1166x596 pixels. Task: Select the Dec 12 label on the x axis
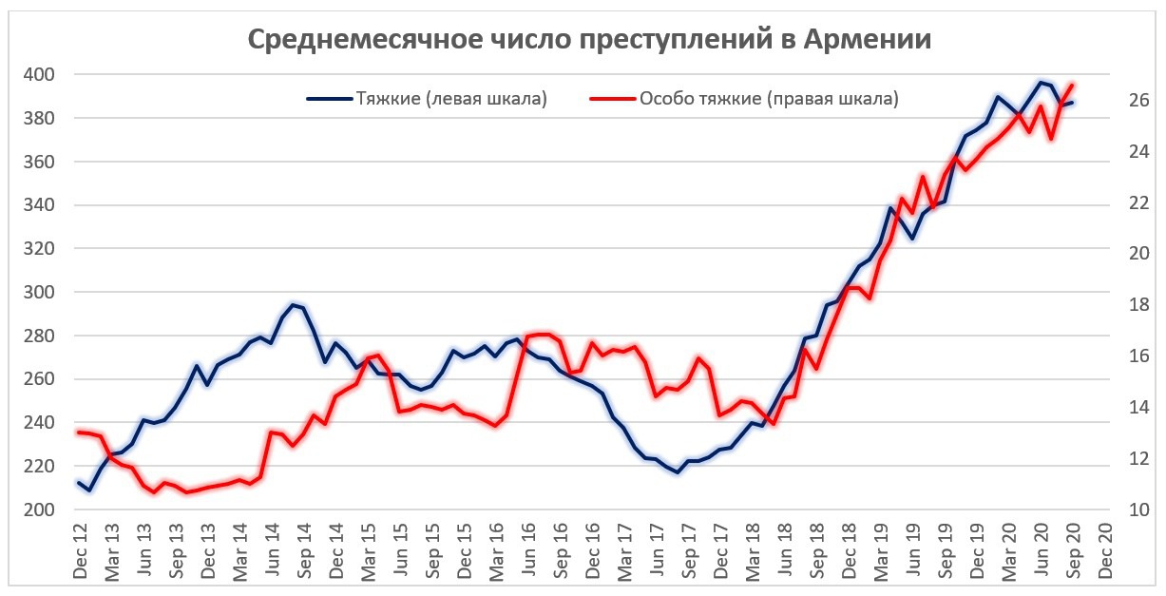tap(80, 551)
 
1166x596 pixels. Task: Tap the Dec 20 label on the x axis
tap(1105, 551)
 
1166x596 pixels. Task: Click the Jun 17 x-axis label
tap(657, 551)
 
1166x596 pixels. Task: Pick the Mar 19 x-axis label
tap(881, 551)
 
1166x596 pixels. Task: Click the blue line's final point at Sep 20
tap(1073, 102)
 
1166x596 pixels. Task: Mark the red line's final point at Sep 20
tap(1073, 84)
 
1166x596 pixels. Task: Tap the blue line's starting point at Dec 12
tap(80, 482)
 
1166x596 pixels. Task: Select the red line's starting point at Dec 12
tap(80, 433)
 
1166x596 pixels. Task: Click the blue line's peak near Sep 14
tap(293, 304)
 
